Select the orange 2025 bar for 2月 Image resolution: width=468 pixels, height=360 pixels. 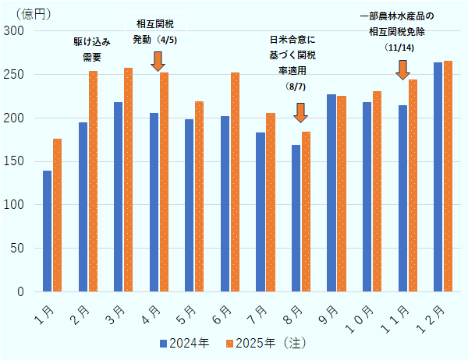pyautogui.click(x=93, y=181)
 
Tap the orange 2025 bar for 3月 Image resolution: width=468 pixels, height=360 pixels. pyautogui.click(x=128, y=179)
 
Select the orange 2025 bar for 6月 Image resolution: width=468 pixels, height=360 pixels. pyautogui.click(x=235, y=182)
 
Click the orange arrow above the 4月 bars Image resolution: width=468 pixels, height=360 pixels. pyautogui.click(x=157, y=61)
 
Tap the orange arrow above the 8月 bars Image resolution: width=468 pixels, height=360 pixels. pyautogui.click(x=300, y=112)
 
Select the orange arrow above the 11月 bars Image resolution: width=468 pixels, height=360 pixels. pyautogui.click(x=402, y=69)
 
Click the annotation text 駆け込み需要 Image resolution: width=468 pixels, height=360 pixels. pyautogui.click(x=87, y=48)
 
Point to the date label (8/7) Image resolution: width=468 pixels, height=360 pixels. pyautogui.click(x=297, y=86)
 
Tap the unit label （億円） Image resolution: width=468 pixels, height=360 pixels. pyautogui.click(x=33, y=11)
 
